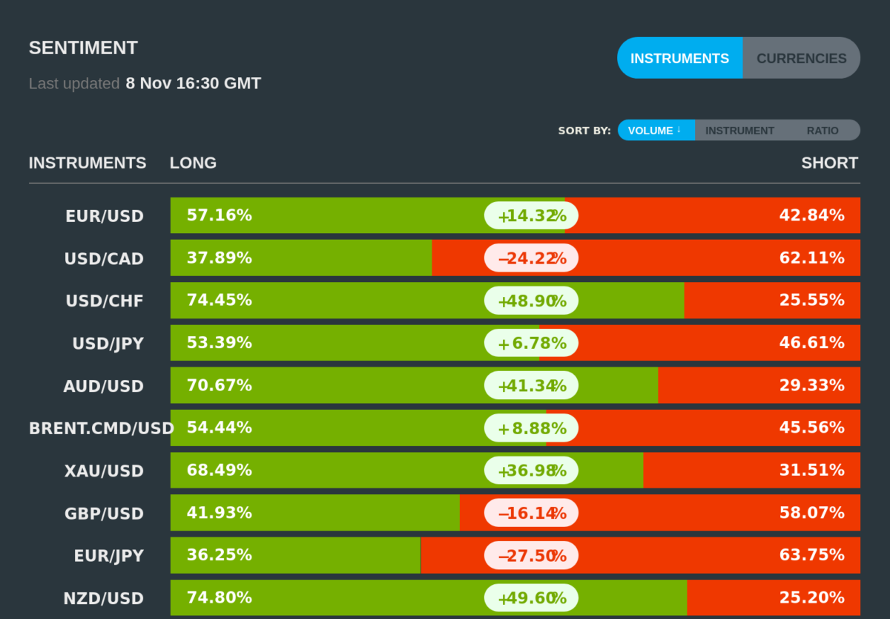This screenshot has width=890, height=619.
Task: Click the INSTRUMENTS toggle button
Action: pyautogui.click(x=679, y=58)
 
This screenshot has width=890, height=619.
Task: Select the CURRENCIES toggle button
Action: pyautogui.click(x=801, y=58)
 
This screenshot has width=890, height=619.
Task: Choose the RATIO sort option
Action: pyautogui.click(x=823, y=130)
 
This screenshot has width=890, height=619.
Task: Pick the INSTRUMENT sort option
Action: pyautogui.click(x=739, y=130)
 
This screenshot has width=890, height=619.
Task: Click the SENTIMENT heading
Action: pyautogui.click(x=83, y=48)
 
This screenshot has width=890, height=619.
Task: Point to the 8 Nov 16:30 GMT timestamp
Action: pyautogui.click(x=193, y=83)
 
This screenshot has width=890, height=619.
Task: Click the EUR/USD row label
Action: pyautogui.click(x=105, y=216)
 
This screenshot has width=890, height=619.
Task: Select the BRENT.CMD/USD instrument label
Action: pyautogui.click(x=101, y=428)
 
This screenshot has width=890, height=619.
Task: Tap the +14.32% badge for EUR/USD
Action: pyautogui.click(x=531, y=216)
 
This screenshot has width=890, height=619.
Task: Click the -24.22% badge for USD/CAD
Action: pyautogui.click(x=531, y=258)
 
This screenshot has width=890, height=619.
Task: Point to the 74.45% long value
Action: pyautogui.click(x=219, y=301)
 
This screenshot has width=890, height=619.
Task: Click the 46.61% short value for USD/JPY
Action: pyautogui.click(x=811, y=343)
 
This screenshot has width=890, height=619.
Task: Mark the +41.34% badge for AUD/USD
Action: pyautogui.click(x=531, y=386)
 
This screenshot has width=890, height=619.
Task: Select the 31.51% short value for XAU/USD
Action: pyautogui.click(x=811, y=471)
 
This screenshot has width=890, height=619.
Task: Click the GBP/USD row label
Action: pyautogui.click(x=105, y=513)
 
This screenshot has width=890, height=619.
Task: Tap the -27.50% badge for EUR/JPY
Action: pyautogui.click(x=531, y=555)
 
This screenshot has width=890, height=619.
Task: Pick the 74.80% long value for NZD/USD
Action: pyautogui.click(x=219, y=597)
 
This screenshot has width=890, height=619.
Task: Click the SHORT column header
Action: pyautogui.click(x=829, y=163)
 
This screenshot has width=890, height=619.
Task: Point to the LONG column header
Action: pyautogui.click(x=193, y=163)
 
